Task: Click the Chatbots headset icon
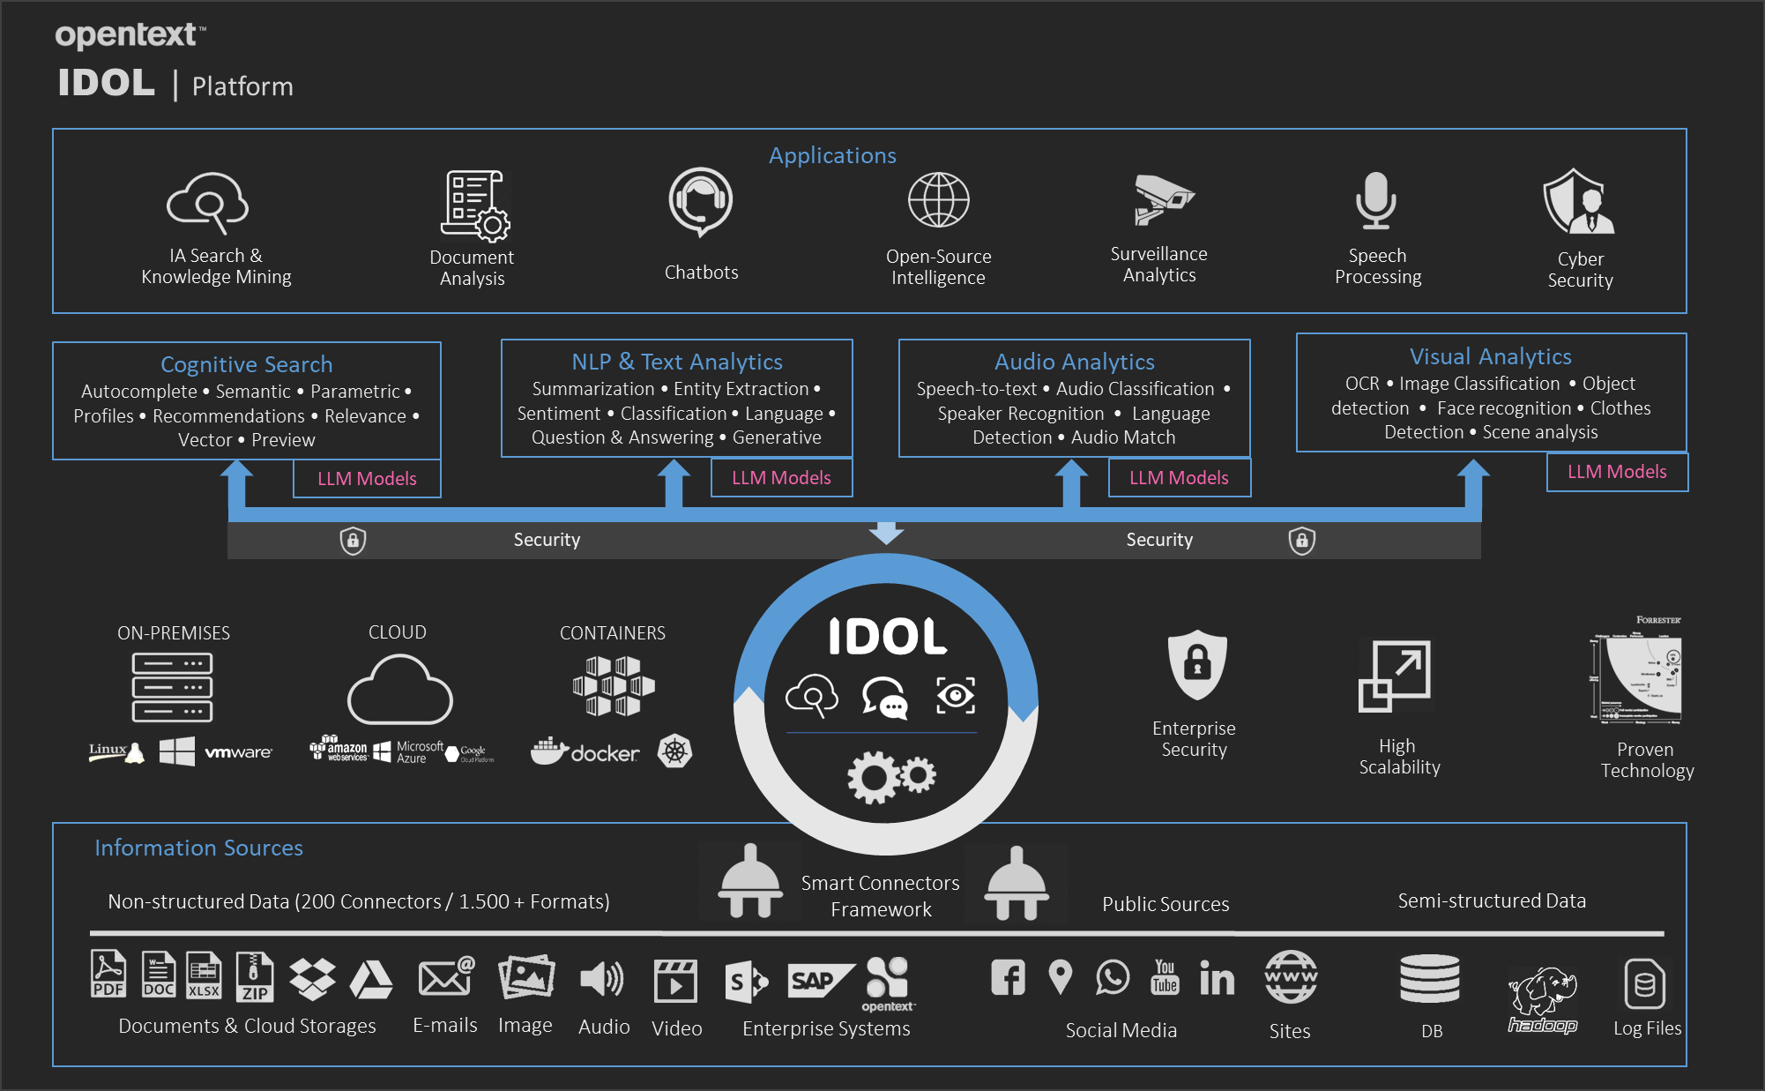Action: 701,202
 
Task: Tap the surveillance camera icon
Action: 1161,199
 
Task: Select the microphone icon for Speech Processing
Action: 1375,200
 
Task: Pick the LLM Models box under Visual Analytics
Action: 1617,472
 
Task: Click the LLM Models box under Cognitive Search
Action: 367,479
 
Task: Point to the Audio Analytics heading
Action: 1074,362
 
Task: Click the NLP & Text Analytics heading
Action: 676,362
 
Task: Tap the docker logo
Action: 585,751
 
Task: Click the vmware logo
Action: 238,752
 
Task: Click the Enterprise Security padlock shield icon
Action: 1196,664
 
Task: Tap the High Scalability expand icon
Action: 1395,676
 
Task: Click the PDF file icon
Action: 108,975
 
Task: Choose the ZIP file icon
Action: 255,977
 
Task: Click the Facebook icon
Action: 1008,977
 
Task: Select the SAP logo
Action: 818,980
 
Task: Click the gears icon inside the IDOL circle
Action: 890,775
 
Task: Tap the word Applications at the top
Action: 832,155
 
